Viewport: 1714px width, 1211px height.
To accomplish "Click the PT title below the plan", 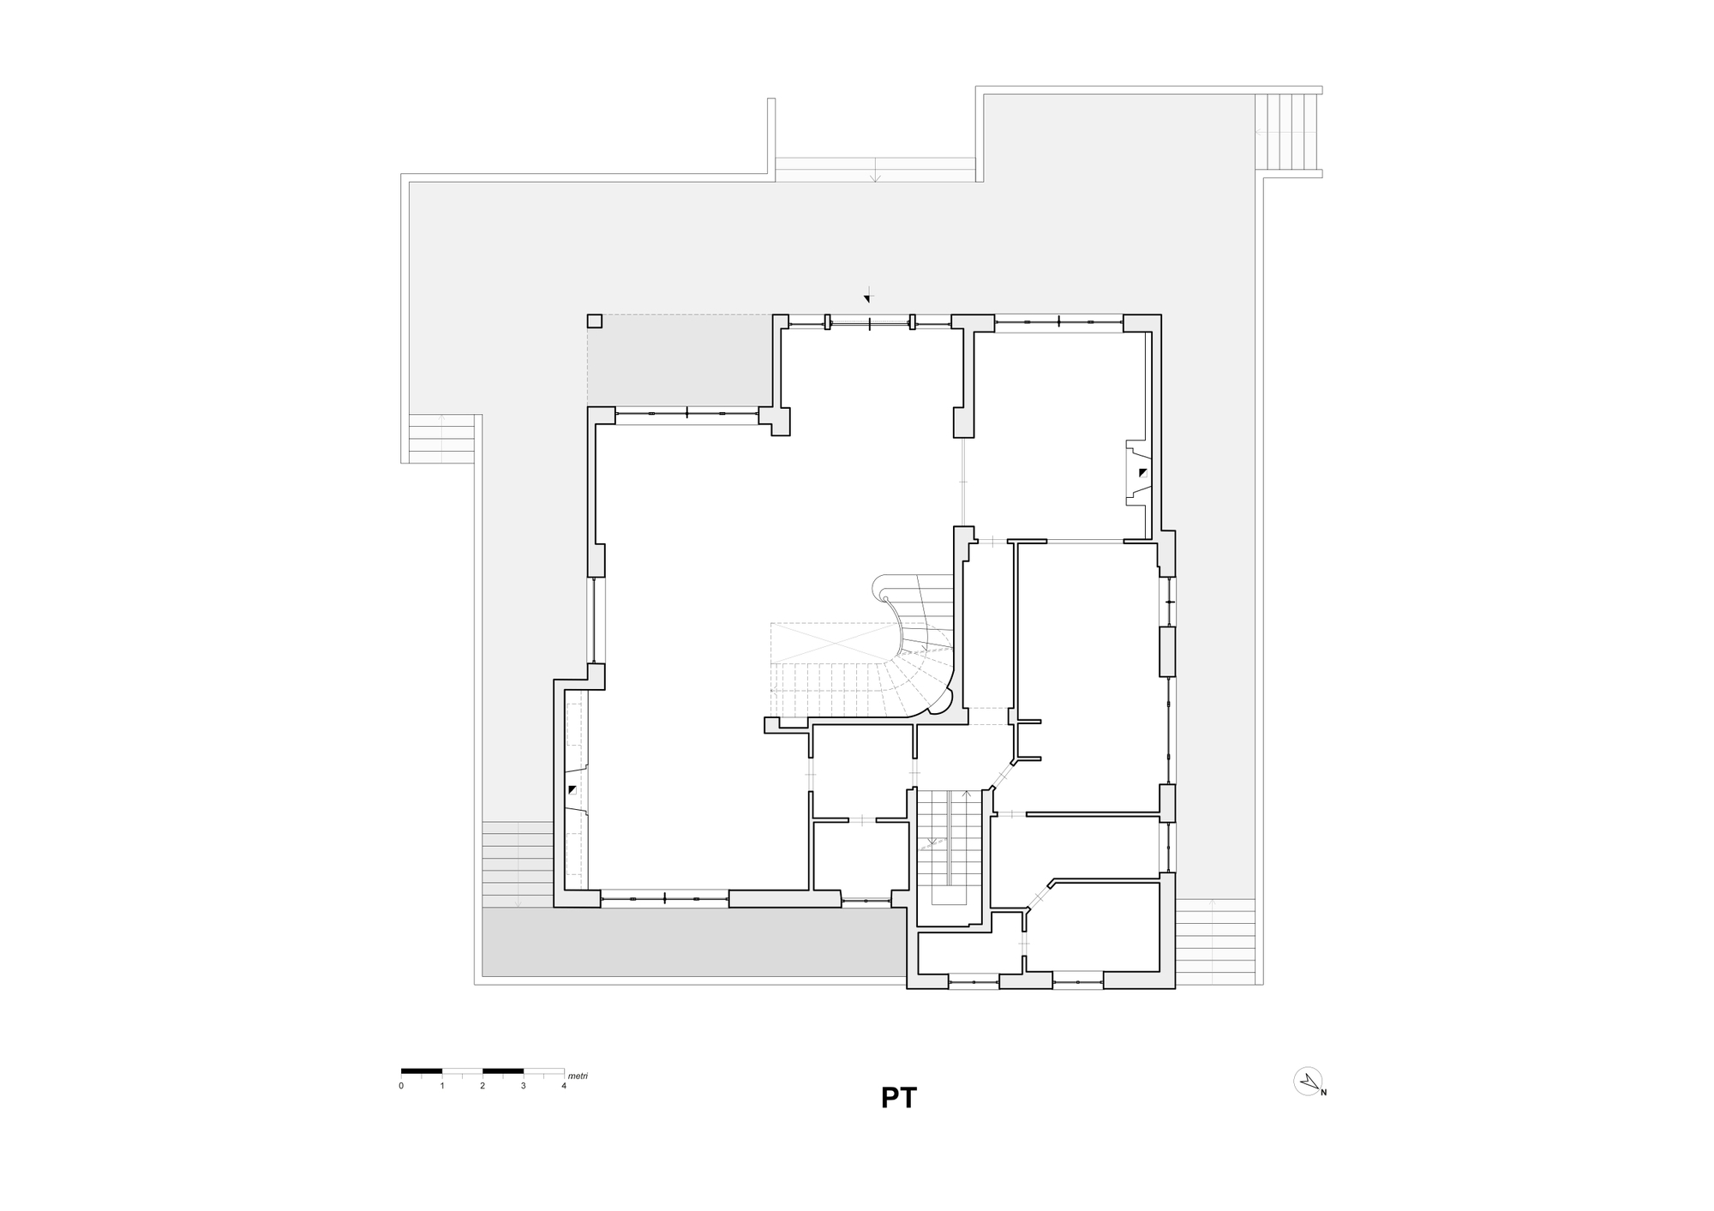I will click(x=898, y=1098).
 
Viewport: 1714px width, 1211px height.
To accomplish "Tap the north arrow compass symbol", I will click(x=1308, y=1082).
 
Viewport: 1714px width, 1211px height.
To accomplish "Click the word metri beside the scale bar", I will click(x=578, y=1076).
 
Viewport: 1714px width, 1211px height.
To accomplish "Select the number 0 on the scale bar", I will click(x=401, y=1086).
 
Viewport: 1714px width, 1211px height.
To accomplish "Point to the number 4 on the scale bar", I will click(x=564, y=1086).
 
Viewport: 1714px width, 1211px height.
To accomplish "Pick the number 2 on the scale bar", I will click(x=482, y=1086).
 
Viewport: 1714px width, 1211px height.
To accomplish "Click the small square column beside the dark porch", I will click(x=594, y=321).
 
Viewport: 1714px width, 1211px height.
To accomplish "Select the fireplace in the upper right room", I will click(x=1136, y=472).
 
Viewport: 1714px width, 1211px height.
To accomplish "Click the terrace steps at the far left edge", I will click(x=440, y=438).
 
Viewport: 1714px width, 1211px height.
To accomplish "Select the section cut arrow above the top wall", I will click(x=867, y=296).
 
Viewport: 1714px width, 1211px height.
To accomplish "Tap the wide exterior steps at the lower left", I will click(x=517, y=864).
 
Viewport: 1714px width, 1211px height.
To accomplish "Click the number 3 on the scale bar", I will click(x=524, y=1086).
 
